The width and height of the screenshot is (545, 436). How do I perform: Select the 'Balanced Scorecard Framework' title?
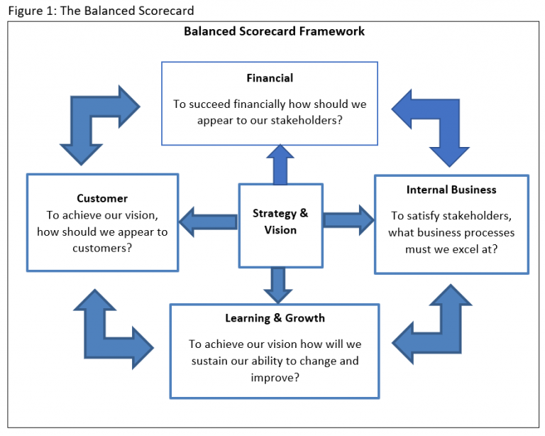pos(274,31)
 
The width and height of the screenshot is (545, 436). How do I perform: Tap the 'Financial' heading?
pos(270,78)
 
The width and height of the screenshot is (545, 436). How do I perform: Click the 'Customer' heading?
pos(102,198)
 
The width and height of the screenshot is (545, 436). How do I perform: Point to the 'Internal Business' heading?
pos(451,190)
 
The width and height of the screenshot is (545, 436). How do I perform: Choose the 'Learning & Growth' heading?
pos(275,318)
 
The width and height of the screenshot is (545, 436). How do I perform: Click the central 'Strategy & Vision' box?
pos(280,222)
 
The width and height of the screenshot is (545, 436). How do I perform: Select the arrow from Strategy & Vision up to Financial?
pos(280,164)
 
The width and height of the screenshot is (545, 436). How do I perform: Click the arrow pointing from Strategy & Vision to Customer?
pos(207,222)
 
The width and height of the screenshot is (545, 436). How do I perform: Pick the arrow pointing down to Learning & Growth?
pos(277,285)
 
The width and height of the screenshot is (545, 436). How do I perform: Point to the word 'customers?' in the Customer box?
pos(102,249)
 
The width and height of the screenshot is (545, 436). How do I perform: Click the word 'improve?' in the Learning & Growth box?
pos(275,377)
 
